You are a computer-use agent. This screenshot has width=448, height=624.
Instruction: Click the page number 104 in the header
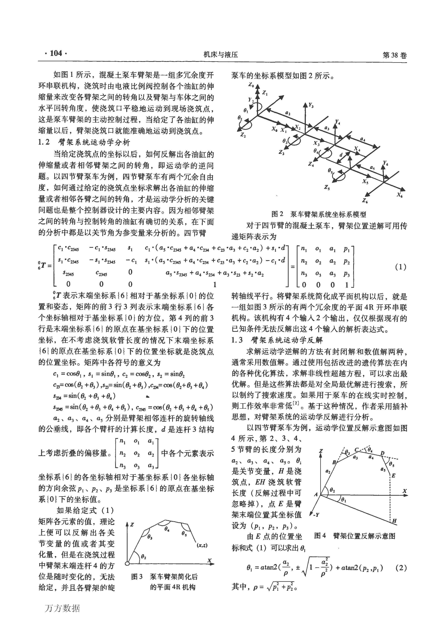tap(56, 53)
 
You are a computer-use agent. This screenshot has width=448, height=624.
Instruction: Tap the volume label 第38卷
tap(394, 55)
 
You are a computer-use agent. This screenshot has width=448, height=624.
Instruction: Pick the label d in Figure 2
tap(341, 155)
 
